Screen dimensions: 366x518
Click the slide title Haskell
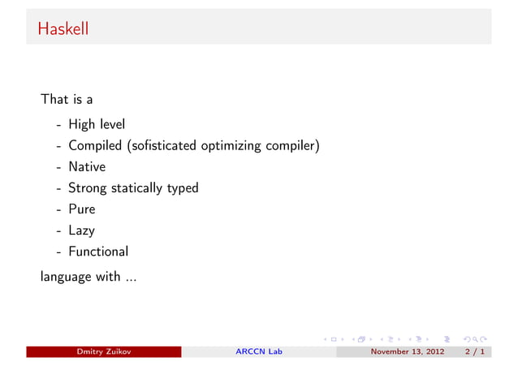point(63,29)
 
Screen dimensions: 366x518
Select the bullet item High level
point(97,125)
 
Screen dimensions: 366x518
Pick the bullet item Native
point(87,167)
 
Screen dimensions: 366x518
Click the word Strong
point(88,188)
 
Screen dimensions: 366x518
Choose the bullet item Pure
point(82,209)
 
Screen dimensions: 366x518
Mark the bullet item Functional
point(98,252)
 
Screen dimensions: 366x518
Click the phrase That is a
point(67,100)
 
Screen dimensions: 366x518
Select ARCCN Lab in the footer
point(258,352)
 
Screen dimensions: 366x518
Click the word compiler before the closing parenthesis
point(294,147)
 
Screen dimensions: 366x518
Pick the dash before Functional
point(59,252)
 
